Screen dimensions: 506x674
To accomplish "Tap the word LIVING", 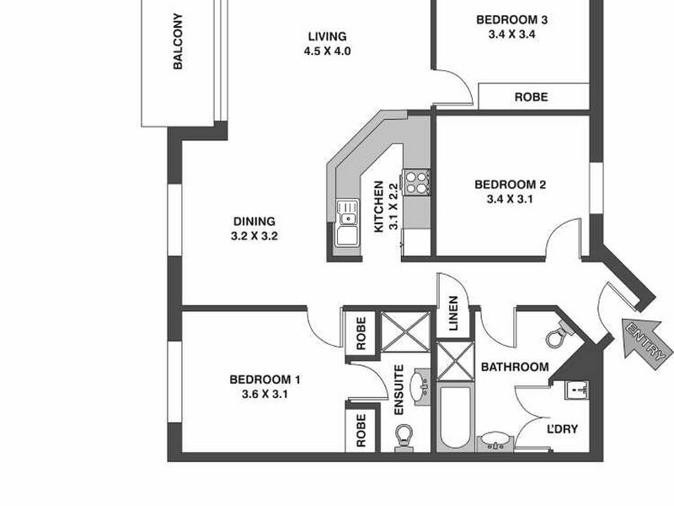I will pyautogui.click(x=327, y=36).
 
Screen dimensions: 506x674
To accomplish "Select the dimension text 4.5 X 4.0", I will pyautogui.click(x=327, y=51).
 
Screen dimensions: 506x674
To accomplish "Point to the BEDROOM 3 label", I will pyautogui.click(x=505, y=20).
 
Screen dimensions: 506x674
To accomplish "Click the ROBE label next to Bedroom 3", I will pyautogui.click(x=531, y=97).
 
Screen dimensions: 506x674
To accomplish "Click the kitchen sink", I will pyautogui.click(x=346, y=223).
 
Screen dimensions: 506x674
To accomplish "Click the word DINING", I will pyautogui.click(x=254, y=222).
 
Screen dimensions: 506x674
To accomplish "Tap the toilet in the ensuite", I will pyautogui.click(x=404, y=437).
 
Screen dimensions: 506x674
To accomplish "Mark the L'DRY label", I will pyautogui.click(x=563, y=429).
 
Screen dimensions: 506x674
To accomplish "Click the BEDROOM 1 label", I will pyautogui.click(x=265, y=379).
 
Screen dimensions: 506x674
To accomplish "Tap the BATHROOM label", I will pyautogui.click(x=515, y=367).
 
